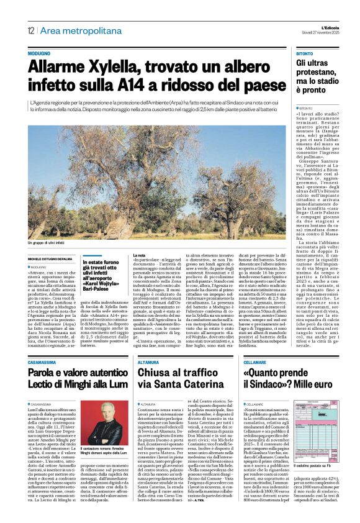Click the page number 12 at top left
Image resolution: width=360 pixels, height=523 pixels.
pos(30,30)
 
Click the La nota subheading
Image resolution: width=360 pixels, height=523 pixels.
pos(140,255)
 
